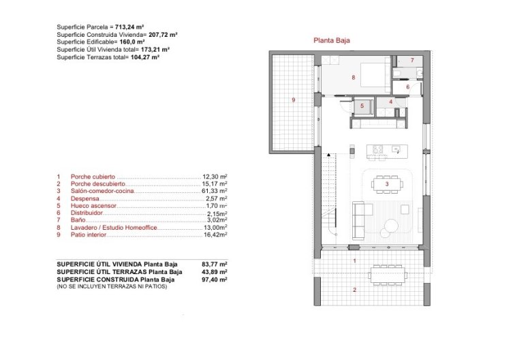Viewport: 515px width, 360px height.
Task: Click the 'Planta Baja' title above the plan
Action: coord(332,40)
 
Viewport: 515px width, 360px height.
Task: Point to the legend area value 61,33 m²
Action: coord(215,191)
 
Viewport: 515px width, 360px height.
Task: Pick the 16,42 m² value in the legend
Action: coord(215,235)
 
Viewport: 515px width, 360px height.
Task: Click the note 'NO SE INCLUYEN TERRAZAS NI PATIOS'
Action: coord(112,286)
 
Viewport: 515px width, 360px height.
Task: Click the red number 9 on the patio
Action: coord(293,100)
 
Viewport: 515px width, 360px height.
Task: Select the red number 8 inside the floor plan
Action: coord(353,78)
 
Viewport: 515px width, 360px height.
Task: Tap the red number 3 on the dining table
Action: coord(387,183)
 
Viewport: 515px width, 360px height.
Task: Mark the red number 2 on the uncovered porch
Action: coord(354,290)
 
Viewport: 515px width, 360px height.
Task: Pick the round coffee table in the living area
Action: coord(394,227)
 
